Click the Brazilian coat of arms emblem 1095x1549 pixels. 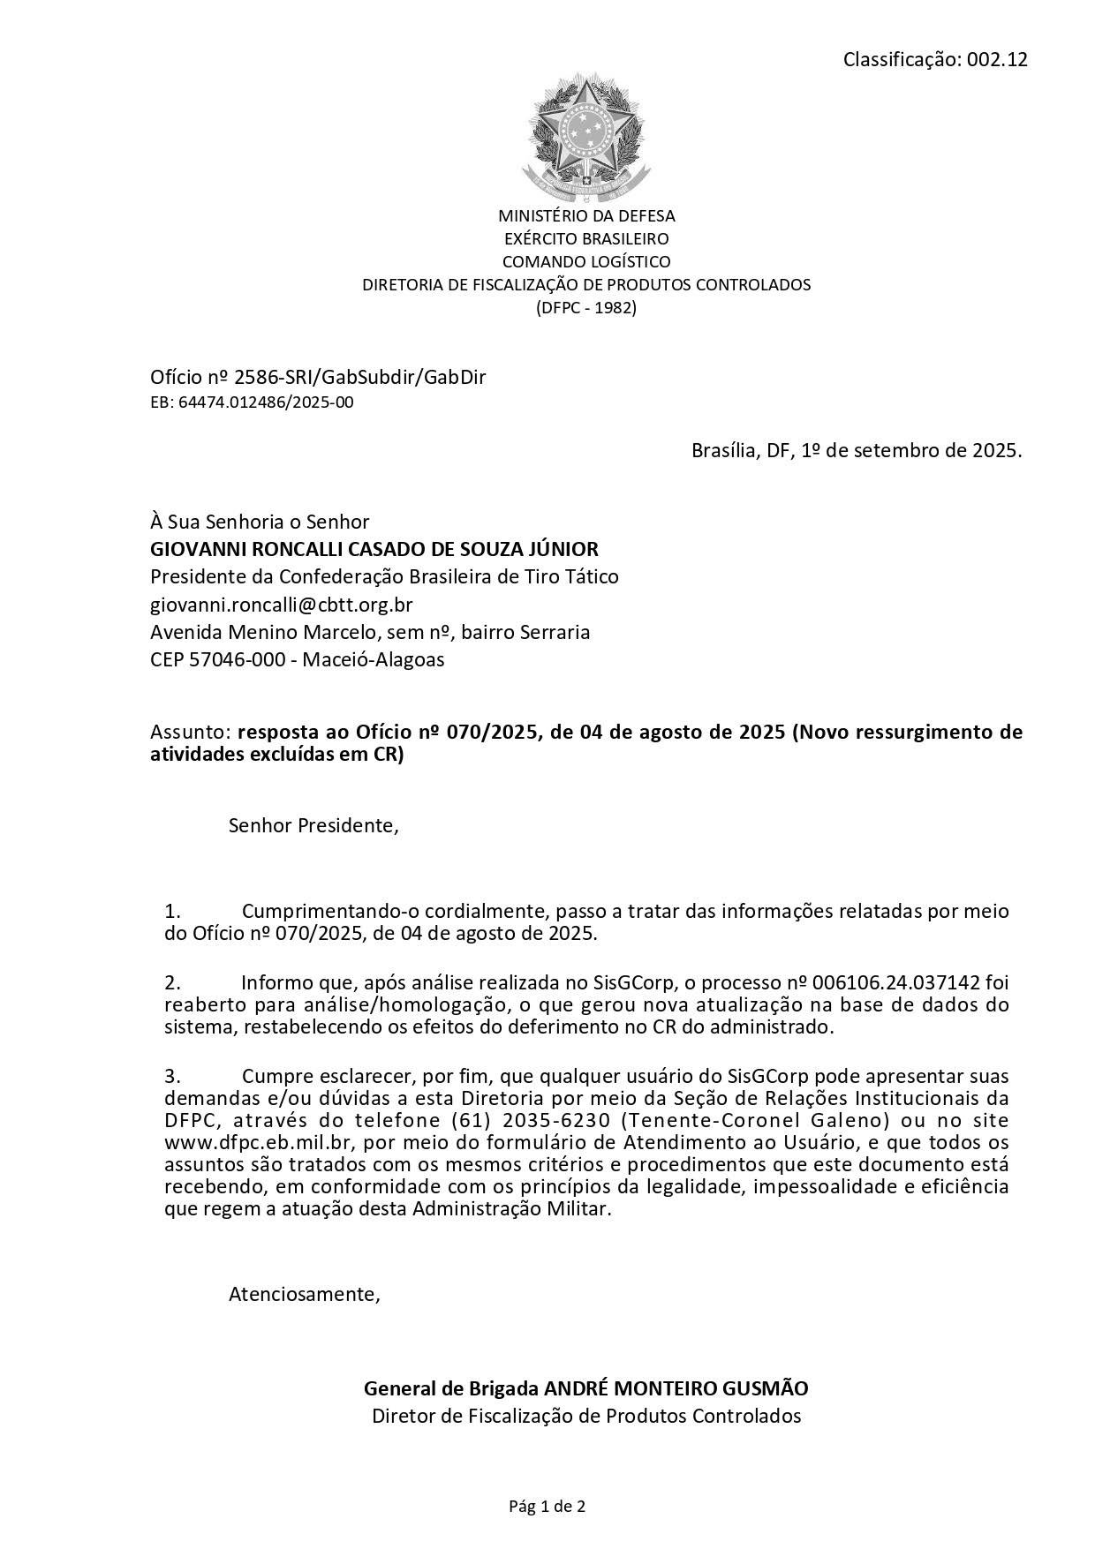[x=585, y=135]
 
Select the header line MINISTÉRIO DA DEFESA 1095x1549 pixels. [x=586, y=215]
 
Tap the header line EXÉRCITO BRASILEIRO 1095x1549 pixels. [x=586, y=238]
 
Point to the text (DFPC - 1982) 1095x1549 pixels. [x=586, y=308]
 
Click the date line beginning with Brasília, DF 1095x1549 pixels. [x=856, y=450]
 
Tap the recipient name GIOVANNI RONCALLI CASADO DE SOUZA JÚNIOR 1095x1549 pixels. [x=374, y=549]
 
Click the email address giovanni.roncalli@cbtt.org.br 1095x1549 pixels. [x=282, y=605]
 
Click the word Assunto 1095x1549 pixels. [x=190, y=733]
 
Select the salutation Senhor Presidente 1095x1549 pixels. [x=313, y=826]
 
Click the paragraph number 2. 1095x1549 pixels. [x=172, y=982]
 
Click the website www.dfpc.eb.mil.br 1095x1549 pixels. [x=260, y=1143]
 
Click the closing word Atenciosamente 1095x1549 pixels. [x=304, y=1295]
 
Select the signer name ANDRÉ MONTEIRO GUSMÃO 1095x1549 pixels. [x=675, y=1388]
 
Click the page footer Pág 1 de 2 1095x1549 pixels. [x=547, y=1507]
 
